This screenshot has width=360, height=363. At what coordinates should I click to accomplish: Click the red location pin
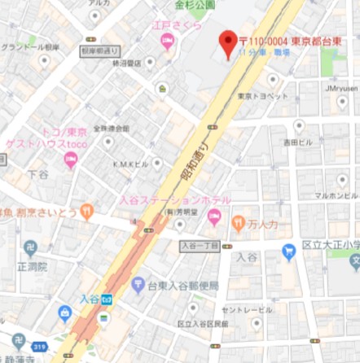pos(229,42)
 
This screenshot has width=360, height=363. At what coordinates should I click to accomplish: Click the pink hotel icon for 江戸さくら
pos(169,42)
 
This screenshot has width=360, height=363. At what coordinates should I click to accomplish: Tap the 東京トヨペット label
pos(263,96)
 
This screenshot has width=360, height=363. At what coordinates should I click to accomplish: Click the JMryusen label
pos(341,88)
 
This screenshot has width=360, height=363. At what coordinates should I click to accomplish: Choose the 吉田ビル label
pos(297,142)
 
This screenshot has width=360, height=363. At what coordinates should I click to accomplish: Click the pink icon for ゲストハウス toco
pos(71,161)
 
